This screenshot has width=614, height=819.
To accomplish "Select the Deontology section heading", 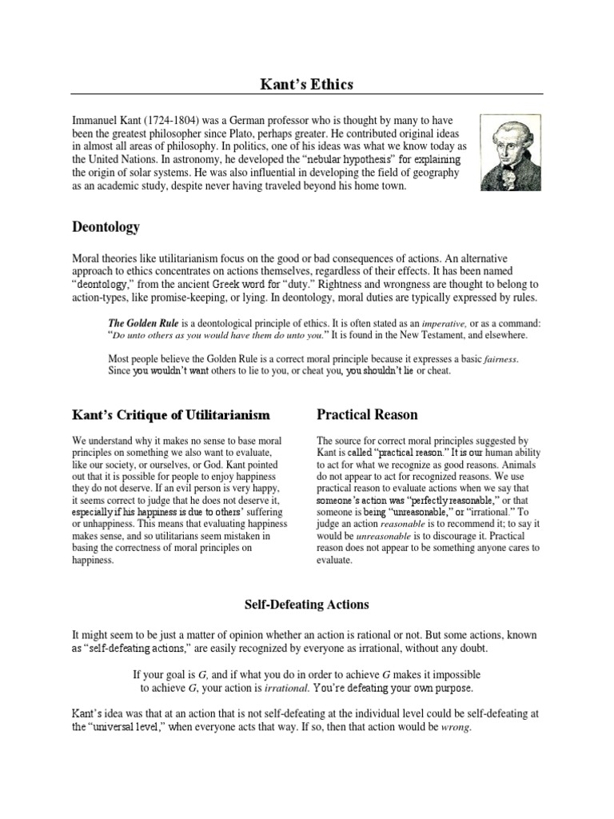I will point(106,227).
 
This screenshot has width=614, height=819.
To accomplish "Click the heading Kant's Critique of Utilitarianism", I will point(170,415).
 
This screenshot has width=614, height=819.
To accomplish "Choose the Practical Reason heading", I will point(367,414).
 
